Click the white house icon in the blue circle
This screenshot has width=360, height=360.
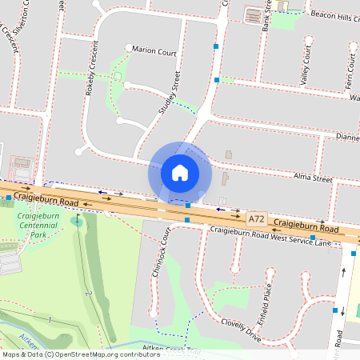[x=179, y=173]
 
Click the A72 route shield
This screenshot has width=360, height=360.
[x=256, y=218]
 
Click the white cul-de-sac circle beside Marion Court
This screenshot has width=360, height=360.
[x=128, y=48]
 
